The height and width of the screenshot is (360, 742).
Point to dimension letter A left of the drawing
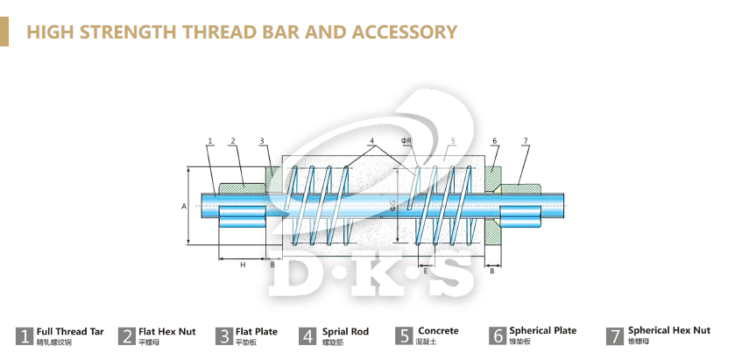coord(184,207)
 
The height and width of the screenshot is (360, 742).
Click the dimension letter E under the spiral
coord(426,272)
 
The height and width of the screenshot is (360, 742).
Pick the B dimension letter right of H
coord(272,264)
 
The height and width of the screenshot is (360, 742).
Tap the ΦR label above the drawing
coord(406,141)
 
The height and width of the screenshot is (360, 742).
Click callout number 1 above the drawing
coord(210,141)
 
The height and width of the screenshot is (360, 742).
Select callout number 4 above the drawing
coord(371,141)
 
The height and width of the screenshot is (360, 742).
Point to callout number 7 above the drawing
coord(525,141)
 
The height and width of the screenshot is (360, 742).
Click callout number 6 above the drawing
coord(495,141)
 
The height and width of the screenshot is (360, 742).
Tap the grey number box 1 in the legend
coord(25,335)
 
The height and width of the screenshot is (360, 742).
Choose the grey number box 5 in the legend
coord(404,335)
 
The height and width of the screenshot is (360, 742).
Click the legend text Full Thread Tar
coord(70,332)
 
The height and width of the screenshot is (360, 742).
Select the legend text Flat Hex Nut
coord(167,332)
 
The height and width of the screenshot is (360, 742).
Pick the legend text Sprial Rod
coord(345,332)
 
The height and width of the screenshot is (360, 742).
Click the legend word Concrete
coord(438,331)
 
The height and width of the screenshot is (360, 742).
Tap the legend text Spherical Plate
coord(543,331)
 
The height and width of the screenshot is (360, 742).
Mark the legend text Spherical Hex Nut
coord(669,331)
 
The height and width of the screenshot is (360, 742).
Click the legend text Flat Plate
coord(257,332)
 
